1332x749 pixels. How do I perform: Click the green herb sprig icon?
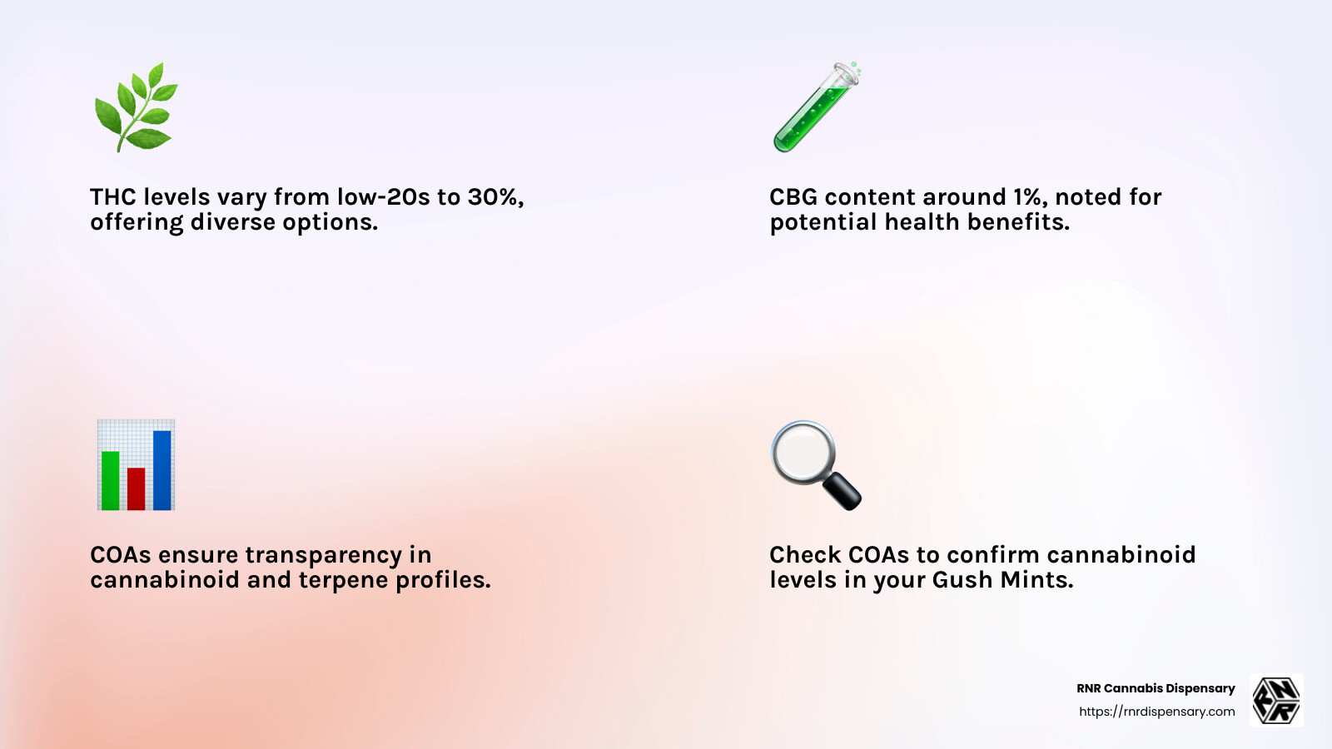[136, 107]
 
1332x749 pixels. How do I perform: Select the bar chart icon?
[136, 465]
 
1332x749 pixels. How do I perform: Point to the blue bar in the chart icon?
[162, 470]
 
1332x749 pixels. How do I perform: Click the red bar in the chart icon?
[137, 489]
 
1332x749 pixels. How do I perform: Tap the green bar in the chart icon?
[110, 480]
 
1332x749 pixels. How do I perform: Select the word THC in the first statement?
[113, 197]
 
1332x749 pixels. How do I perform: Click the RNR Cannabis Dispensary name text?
[1156, 688]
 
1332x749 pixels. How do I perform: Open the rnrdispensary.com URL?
[1156, 712]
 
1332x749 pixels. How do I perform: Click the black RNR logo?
[1276, 700]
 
